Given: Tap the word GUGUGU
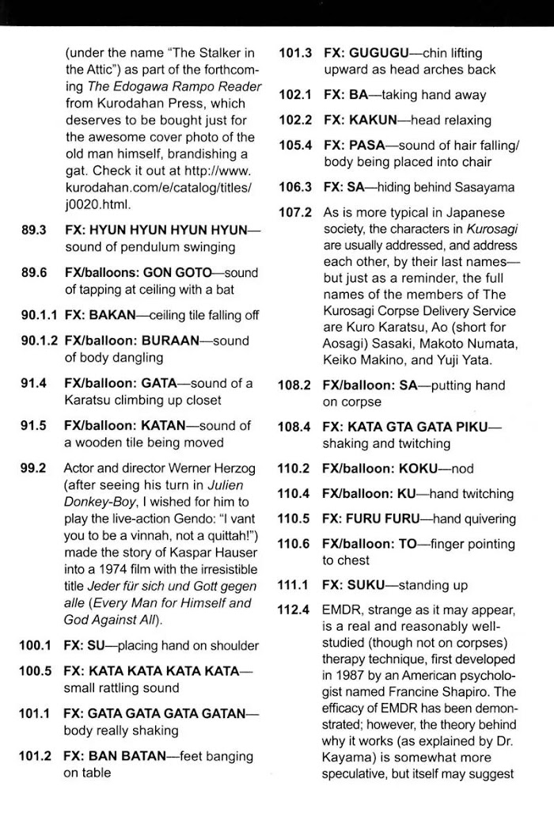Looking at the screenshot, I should pos(377,52).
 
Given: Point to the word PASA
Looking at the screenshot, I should pos(369,146).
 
